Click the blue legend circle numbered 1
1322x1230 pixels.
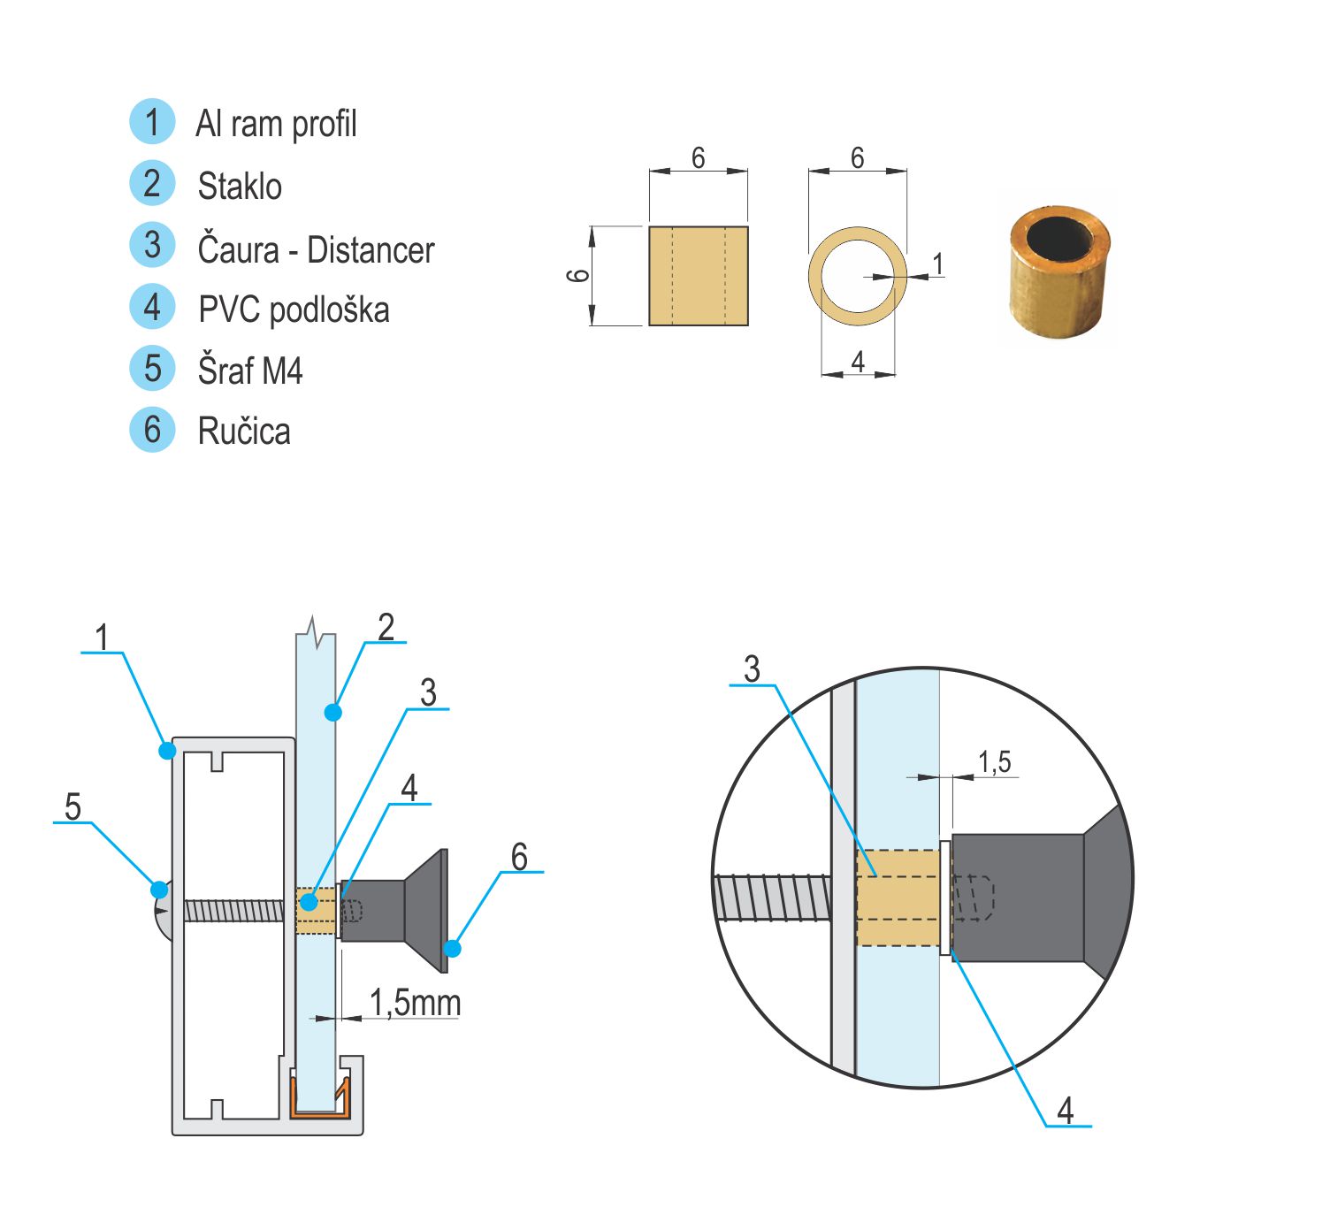click(x=152, y=122)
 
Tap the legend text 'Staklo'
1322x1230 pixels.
click(x=240, y=186)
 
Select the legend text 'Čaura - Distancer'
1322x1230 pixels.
click(x=316, y=249)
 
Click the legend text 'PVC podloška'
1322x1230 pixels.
click(x=294, y=309)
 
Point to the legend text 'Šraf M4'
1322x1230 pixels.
click(x=250, y=370)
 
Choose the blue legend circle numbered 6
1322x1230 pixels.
click(x=152, y=430)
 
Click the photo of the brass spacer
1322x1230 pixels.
click(x=1059, y=271)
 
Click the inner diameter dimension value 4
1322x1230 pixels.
click(x=858, y=362)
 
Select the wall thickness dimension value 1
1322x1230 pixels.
click(x=938, y=264)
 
